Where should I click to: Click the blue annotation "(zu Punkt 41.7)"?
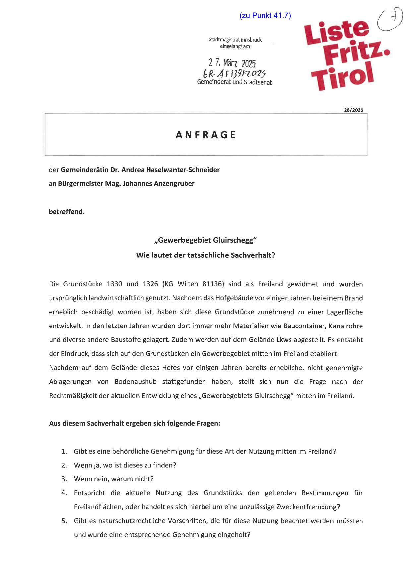(265, 15)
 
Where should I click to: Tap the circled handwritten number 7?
(390, 20)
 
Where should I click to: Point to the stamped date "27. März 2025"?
(232, 63)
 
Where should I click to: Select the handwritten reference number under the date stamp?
(234, 73)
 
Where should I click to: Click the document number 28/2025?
(353, 110)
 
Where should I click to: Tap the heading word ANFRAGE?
(206, 135)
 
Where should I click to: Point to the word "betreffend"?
(66, 212)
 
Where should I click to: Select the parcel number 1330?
(115, 284)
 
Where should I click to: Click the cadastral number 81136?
(211, 284)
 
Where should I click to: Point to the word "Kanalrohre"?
(345, 326)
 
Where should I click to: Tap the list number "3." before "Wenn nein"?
(64, 479)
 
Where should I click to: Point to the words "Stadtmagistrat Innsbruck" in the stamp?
(235, 40)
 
